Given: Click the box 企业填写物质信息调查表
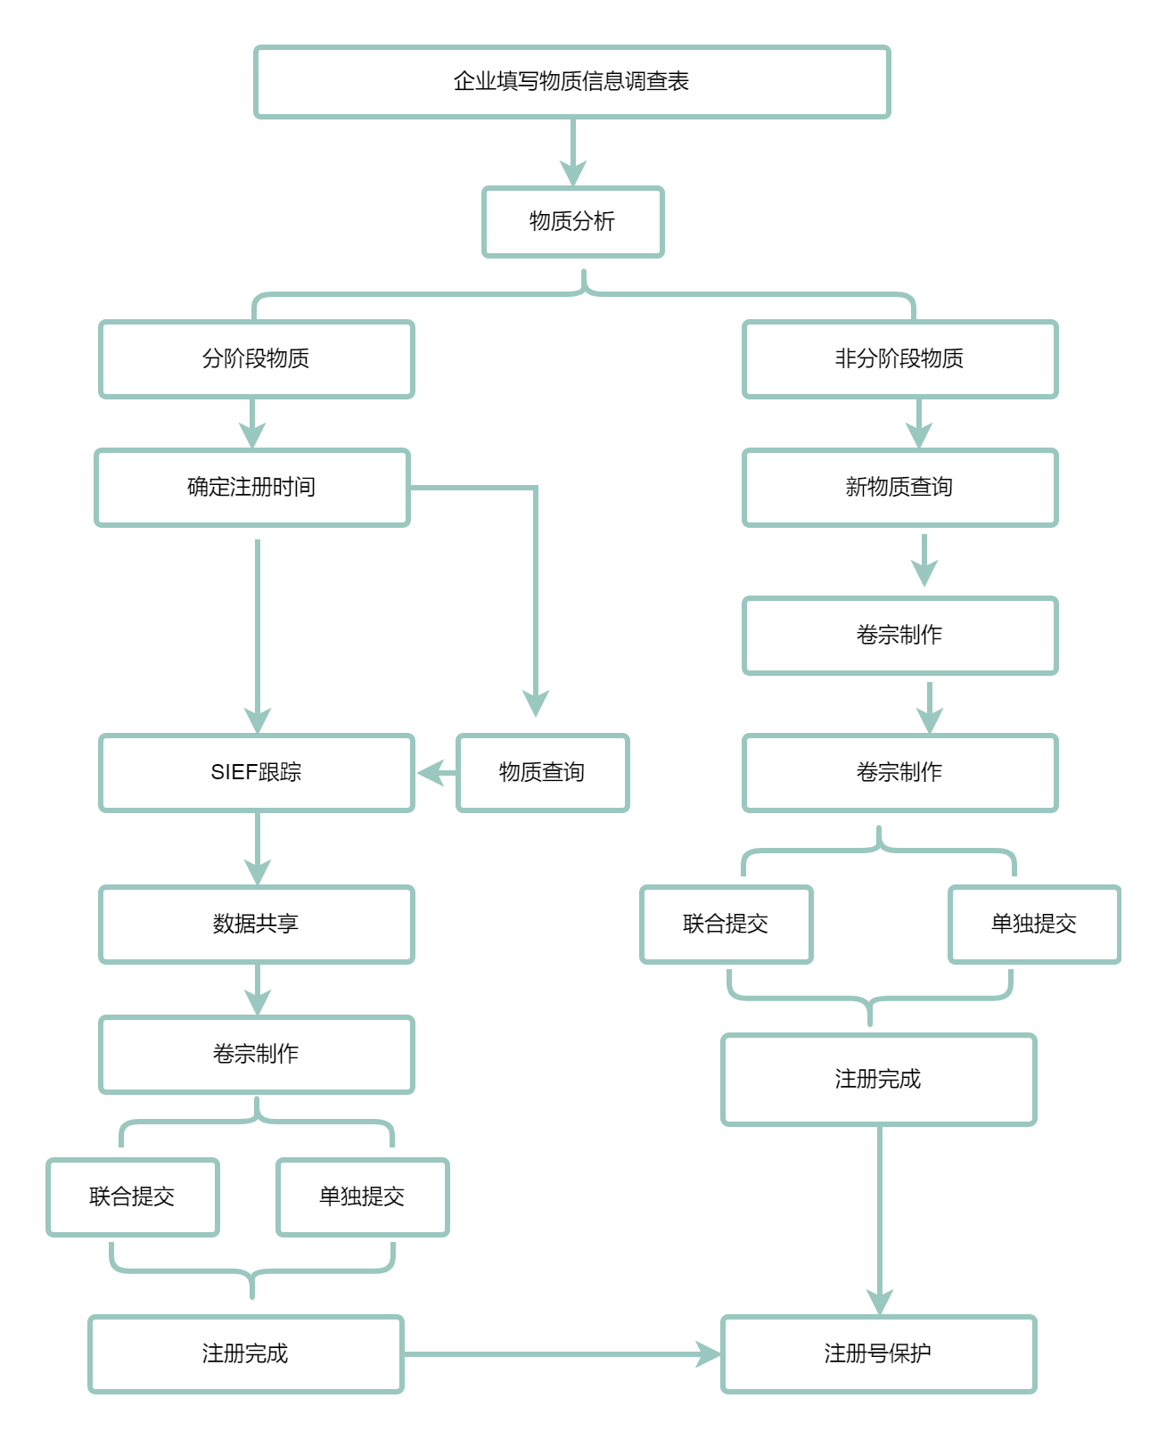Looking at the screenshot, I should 571,81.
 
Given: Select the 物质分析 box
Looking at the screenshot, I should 572,222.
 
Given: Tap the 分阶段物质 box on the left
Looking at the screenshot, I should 256,358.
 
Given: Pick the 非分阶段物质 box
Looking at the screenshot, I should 899,358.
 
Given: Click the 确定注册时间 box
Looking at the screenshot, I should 251,488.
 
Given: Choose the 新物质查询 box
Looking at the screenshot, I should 899,488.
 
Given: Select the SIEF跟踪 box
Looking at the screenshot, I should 256,773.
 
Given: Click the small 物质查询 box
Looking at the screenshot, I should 542,773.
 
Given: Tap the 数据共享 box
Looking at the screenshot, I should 256,925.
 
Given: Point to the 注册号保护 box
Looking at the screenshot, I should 878,1354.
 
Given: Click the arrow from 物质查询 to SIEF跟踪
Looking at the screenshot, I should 436,773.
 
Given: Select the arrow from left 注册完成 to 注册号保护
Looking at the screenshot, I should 562,1354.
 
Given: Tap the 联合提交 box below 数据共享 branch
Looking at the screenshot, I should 132,1197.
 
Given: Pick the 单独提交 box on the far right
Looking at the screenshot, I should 1034,925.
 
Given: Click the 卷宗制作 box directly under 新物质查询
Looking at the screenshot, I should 899,636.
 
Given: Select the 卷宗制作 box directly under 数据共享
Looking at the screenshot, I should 256,1055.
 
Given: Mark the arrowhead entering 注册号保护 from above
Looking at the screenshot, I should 880,1303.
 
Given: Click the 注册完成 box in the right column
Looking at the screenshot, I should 878,1080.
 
